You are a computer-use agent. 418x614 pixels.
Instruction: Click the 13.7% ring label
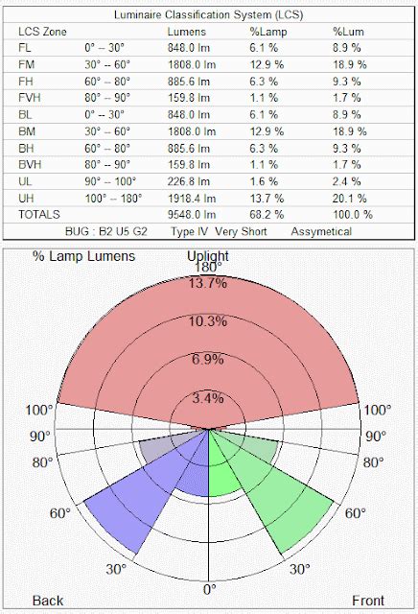[209, 282]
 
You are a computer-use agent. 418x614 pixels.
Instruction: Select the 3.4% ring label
[209, 397]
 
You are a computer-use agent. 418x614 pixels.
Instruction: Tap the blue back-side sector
[134, 508]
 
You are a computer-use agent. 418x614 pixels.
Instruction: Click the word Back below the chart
[48, 601]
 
